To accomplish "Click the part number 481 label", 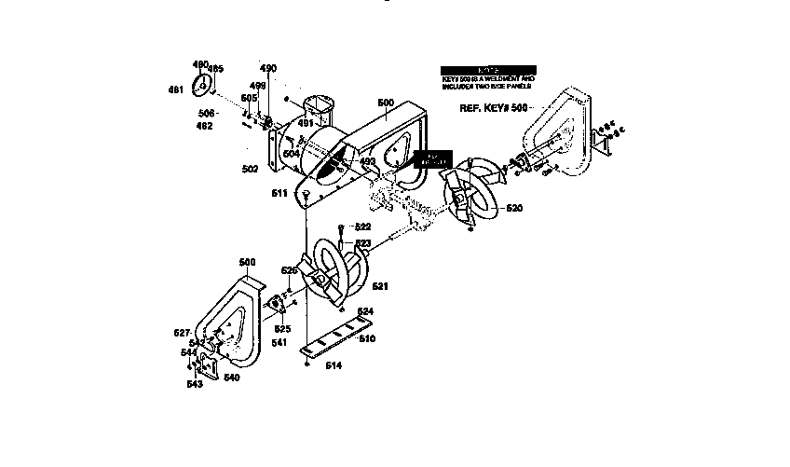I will [x=175, y=89].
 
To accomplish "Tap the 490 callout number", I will [x=268, y=68].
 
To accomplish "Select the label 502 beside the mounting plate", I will [x=250, y=169].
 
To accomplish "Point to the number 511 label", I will [x=279, y=193].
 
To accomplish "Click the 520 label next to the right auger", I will [x=514, y=208].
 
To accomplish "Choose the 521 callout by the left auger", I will [x=380, y=286].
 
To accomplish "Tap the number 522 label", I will [x=362, y=227].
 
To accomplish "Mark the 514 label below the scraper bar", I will [x=333, y=365].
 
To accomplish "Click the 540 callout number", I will [x=231, y=378].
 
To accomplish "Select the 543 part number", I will [x=194, y=384].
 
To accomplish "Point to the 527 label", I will [x=183, y=332].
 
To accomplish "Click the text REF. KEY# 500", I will [x=494, y=108].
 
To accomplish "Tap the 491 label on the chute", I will [x=306, y=122].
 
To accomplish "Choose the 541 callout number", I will [x=279, y=343].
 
